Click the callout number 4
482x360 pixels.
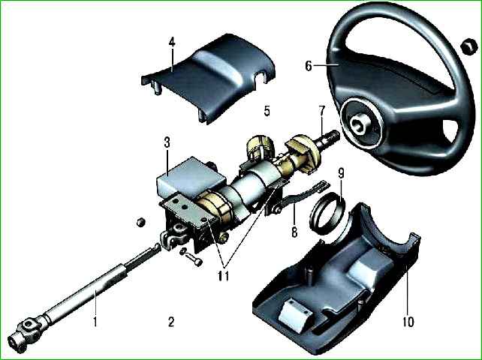172,42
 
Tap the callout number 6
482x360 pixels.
309,66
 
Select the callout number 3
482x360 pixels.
167,142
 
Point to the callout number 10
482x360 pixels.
408,322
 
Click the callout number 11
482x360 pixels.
224,277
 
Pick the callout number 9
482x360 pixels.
341,174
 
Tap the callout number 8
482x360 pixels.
294,232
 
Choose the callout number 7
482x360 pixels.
321,111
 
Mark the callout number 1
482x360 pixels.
95,321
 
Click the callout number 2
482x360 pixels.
171,322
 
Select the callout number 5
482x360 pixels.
267,111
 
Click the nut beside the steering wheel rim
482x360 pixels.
468,47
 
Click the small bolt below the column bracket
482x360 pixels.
191,257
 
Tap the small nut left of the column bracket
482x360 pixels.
141,222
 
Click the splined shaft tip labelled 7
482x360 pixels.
329,137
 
